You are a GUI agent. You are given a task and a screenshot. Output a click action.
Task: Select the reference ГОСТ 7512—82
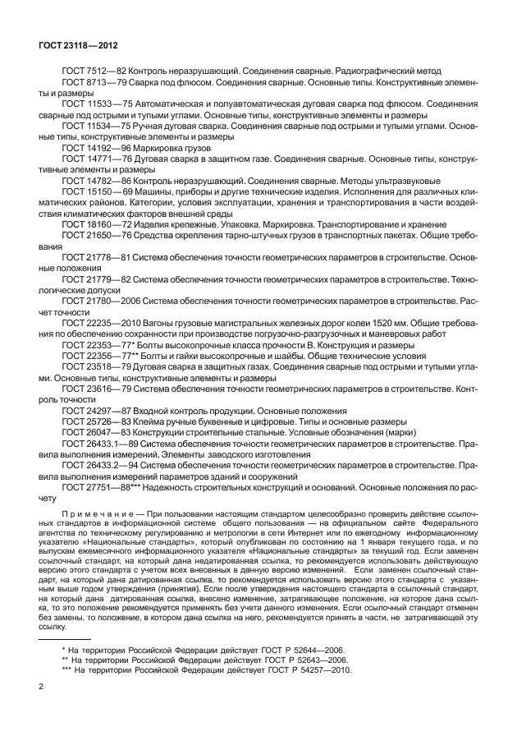click(x=89, y=71)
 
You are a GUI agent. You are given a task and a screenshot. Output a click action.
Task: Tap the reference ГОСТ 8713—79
click(x=89, y=82)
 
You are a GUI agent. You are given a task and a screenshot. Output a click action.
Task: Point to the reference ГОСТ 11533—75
click(x=92, y=104)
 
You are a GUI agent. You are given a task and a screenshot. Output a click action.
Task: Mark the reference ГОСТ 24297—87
click(x=92, y=410)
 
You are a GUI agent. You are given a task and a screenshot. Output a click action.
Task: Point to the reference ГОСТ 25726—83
click(x=92, y=421)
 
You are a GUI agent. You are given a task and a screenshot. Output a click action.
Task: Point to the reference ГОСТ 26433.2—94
click(x=95, y=463)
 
